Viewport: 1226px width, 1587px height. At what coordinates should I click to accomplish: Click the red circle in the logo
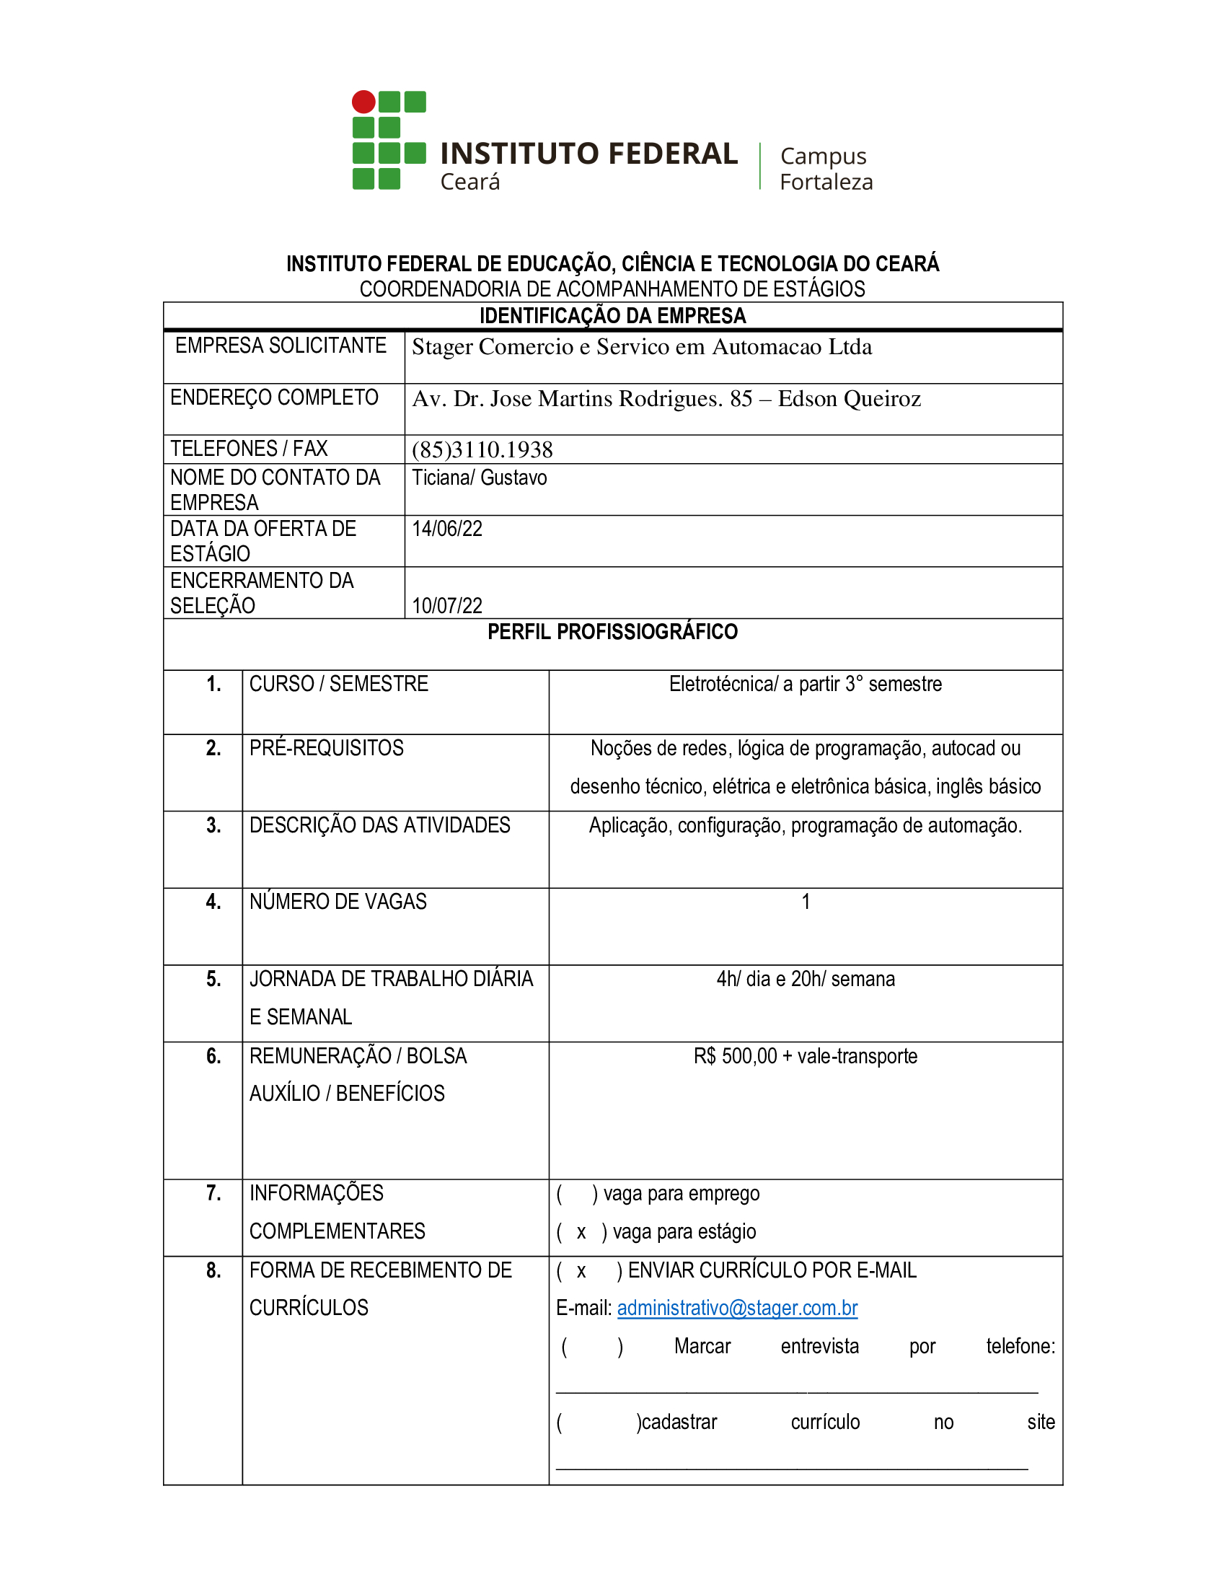point(363,102)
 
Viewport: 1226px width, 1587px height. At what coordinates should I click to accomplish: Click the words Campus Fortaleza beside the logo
point(826,169)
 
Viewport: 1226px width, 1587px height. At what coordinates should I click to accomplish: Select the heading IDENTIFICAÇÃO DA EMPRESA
point(612,316)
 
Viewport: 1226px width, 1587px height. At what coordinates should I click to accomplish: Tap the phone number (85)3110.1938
point(482,450)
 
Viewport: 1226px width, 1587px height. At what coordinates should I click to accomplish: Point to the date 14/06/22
point(446,529)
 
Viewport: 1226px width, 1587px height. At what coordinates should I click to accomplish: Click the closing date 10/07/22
point(446,605)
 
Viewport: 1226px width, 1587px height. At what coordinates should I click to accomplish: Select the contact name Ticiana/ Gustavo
point(480,478)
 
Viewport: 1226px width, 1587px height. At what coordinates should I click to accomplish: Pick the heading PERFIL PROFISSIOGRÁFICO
point(612,632)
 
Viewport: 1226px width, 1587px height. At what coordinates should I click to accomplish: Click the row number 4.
point(213,902)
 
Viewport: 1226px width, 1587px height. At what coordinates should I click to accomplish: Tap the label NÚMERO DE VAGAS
point(338,902)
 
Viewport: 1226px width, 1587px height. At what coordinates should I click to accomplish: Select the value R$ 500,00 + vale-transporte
point(805,1056)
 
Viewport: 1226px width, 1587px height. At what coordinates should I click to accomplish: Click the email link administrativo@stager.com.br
point(737,1308)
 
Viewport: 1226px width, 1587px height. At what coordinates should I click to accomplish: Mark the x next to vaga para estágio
point(581,1232)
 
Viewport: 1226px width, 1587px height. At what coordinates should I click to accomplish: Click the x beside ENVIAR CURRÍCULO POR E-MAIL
point(581,1271)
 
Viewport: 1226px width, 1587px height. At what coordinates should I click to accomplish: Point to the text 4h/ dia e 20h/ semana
point(805,979)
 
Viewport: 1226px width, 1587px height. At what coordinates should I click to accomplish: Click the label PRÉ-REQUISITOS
point(326,748)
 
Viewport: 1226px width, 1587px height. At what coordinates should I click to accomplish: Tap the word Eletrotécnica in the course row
point(722,684)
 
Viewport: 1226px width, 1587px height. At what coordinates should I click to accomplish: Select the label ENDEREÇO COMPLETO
point(274,397)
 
